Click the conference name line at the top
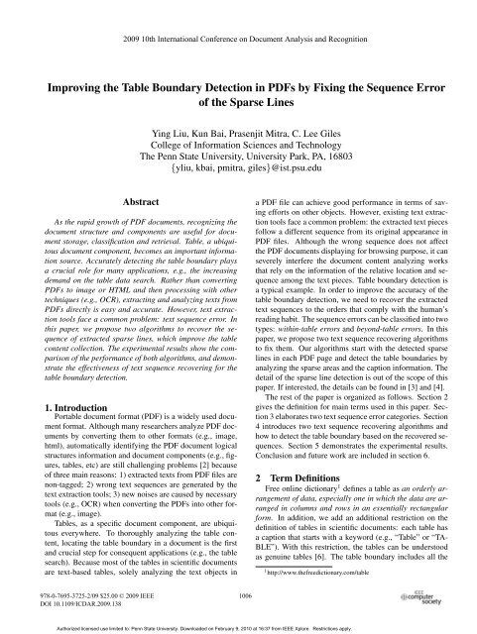coord(238,19)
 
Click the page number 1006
coord(238,594)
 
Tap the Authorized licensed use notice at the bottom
coord(238,624)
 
